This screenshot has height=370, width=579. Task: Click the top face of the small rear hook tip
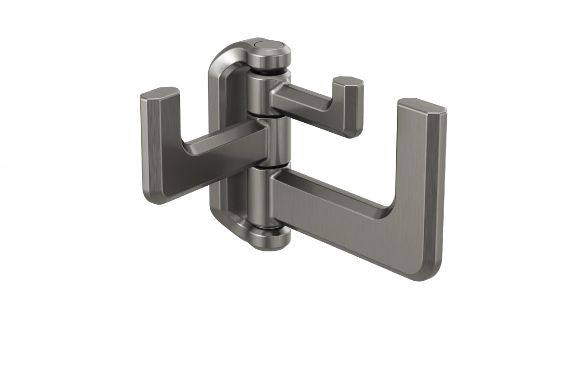tap(348, 81)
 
